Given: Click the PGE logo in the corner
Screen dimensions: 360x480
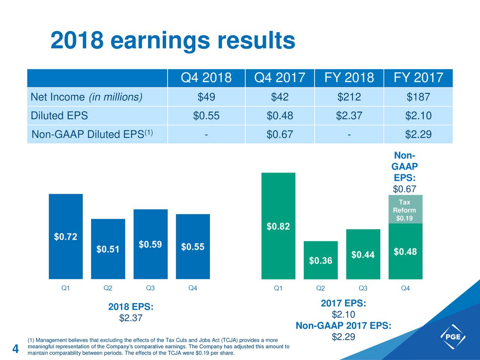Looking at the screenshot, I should coord(453,337).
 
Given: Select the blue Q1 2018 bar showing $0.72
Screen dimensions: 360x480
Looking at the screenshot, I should coord(66,236).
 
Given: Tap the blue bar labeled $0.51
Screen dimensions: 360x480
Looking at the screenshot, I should coord(108,249).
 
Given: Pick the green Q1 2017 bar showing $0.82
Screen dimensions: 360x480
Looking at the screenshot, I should coord(278,226).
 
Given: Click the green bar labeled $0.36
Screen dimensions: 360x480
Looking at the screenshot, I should coord(321,260).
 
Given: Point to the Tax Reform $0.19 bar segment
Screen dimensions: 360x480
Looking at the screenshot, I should coord(405,210).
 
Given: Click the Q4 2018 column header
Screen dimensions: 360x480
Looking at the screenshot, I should coord(206,78).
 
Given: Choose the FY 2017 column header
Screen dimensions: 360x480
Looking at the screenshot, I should coord(418,78).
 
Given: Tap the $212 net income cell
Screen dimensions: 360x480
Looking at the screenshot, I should coord(349,97).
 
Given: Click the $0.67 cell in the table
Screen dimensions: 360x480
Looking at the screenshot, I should coord(279,134).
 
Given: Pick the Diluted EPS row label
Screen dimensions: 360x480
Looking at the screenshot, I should coord(59,116).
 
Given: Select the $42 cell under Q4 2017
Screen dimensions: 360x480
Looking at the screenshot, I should coord(279,97).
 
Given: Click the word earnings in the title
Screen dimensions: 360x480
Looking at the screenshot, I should coord(160,41).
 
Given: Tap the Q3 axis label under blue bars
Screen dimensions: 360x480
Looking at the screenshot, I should coord(150,288).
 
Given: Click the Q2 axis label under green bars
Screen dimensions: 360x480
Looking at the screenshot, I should coord(321,288).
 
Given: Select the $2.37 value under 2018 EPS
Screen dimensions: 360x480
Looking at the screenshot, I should coord(130,318).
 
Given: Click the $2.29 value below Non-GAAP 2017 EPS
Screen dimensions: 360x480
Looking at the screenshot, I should coord(343,337).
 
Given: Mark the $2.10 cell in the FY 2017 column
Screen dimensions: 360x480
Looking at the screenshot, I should coord(418,116).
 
